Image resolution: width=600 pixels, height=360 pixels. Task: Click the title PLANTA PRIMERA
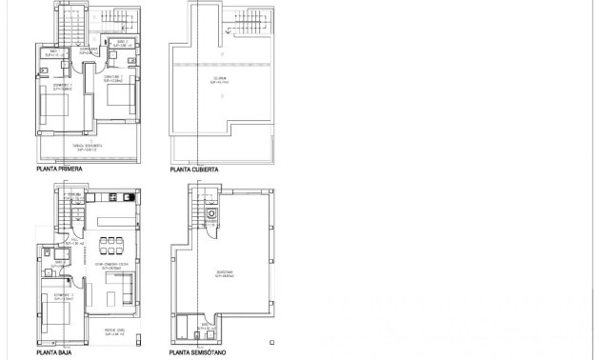(58, 170)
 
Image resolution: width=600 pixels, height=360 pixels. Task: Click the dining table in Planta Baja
(116, 240)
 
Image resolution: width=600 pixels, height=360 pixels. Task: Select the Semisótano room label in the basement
(221, 272)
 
